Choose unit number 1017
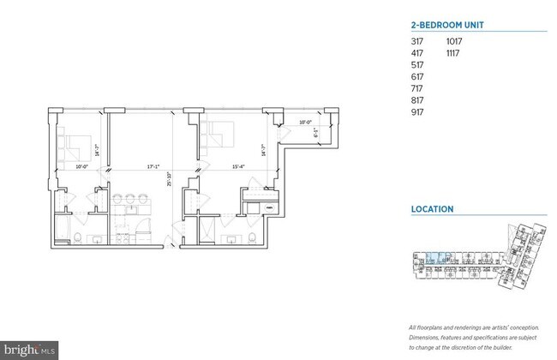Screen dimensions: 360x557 click(x=454, y=40)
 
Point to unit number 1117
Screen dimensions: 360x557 click(x=453, y=52)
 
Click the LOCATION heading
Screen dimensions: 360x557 click(x=432, y=208)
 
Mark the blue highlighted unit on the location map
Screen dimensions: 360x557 click(x=434, y=255)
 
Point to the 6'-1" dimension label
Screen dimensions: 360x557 click(x=316, y=133)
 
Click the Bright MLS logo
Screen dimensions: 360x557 click(x=27, y=351)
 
